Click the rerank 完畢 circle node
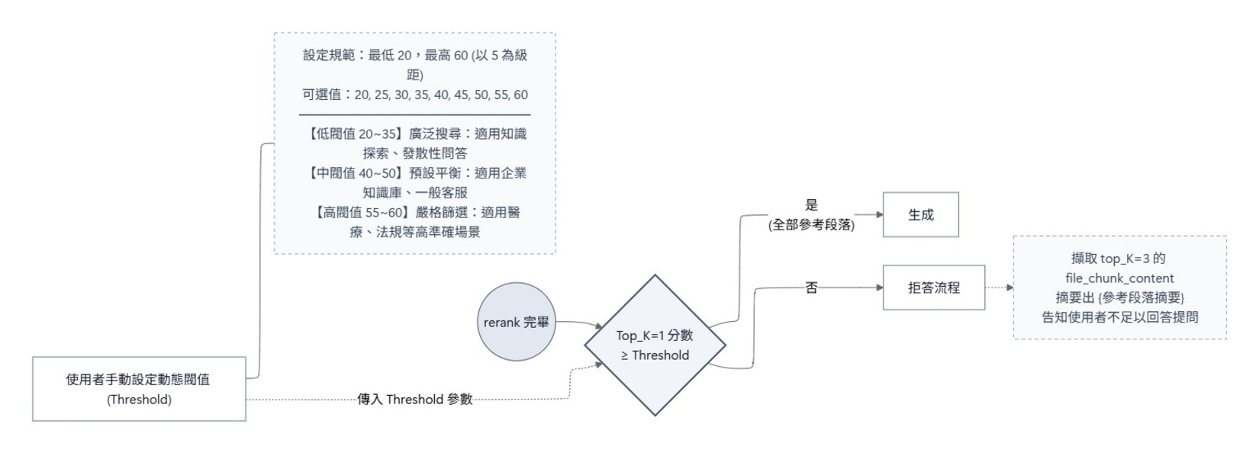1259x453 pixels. pyautogui.click(x=517, y=322)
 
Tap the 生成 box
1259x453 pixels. pyautogui.click(x=920, y=215)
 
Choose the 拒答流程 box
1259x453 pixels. pyautogui.click(x=933, y=288)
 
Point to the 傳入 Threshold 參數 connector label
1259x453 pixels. pyautogui.click(x=415, y=399)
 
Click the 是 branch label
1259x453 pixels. pyautogui.click(x=811, y=204)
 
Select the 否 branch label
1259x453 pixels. pyautogui.click(x=811, y=288)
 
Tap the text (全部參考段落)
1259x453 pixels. pyautogui.click(x=811, y=225)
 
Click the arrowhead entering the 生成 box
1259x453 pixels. pyautogui.click(x=879, y=215)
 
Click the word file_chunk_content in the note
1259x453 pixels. pyautogui.click(x=1119, y=278)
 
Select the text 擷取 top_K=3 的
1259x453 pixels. pyautogui.click(x=1119, y=259)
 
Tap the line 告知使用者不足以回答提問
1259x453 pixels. pyautogui.click(x=1119, y=317)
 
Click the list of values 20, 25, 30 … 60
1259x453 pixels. pyautogui.click(x=441, y=95)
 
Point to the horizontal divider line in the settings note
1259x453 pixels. pyautogui.click(x=415, y=114)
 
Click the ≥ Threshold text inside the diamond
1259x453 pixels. pyautogui.click(x=655, y=355)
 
